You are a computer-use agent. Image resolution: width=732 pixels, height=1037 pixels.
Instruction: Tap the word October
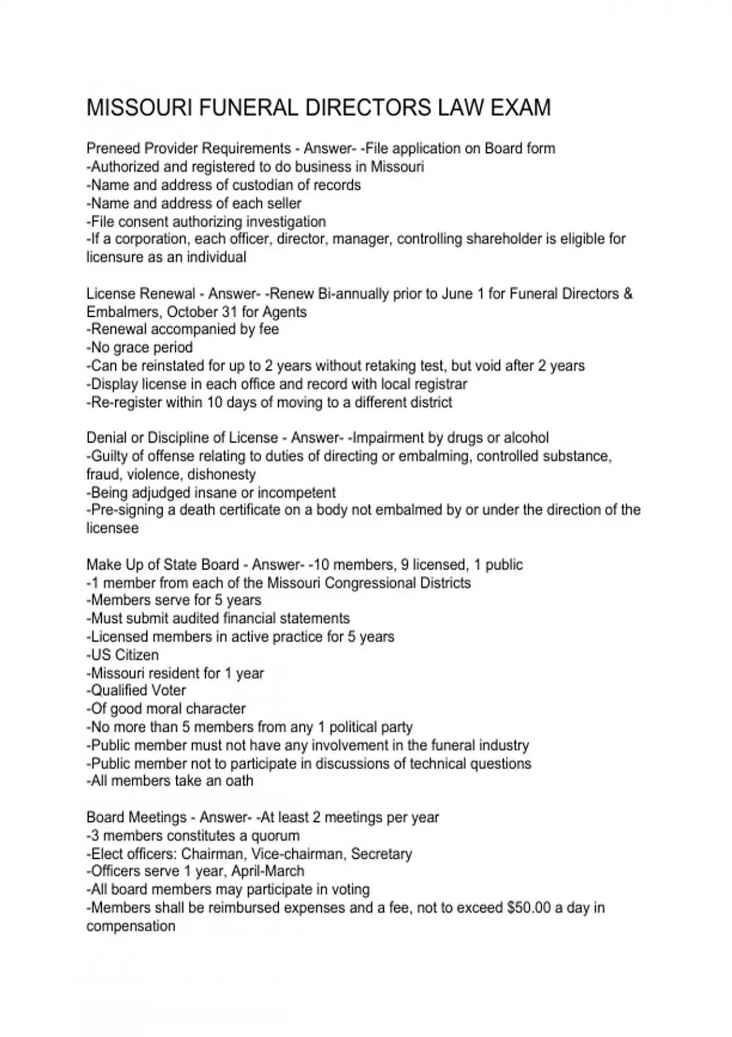pyautogui.click(x=196, y=312)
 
